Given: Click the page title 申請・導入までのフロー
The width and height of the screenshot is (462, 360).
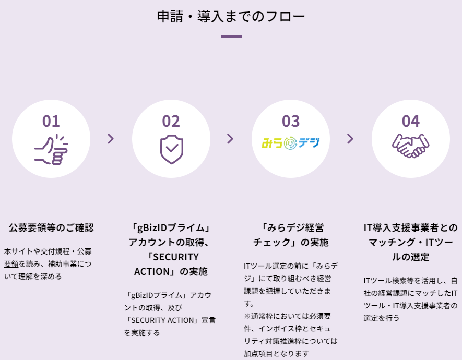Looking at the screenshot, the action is (231, 17).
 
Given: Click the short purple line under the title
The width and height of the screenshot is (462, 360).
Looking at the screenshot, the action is (231, 37).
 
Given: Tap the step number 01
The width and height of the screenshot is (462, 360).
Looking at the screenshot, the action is (51, 121).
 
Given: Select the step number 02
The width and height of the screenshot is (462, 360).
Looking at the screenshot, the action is (171, 121).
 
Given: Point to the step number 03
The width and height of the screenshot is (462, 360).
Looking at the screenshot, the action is (291, 121).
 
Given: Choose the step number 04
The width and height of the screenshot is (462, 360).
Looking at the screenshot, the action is (411, 121).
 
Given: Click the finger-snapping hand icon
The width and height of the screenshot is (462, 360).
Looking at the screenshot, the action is (51, 150).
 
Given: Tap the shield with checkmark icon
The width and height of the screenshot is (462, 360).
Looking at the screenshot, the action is (171, 149).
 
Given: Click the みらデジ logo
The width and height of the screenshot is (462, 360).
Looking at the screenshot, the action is (291, 143).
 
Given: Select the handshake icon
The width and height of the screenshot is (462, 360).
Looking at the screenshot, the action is (410, 146).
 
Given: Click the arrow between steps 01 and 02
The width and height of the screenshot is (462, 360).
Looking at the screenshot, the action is (111, 139).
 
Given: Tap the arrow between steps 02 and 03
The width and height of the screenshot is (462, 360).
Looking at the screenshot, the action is (230, 139).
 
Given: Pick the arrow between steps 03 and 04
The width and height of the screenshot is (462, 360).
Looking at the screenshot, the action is (350, 139).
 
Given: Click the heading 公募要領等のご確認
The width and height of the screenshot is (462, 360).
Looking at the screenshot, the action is (51, 227).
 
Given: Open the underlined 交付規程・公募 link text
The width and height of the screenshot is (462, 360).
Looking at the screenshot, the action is (66, 251).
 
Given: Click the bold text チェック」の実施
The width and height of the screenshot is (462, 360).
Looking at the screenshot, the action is (291, 242).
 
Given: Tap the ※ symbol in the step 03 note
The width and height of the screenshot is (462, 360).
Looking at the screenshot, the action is (247, 316).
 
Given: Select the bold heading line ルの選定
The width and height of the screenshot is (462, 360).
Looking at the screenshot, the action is (410, 257).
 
